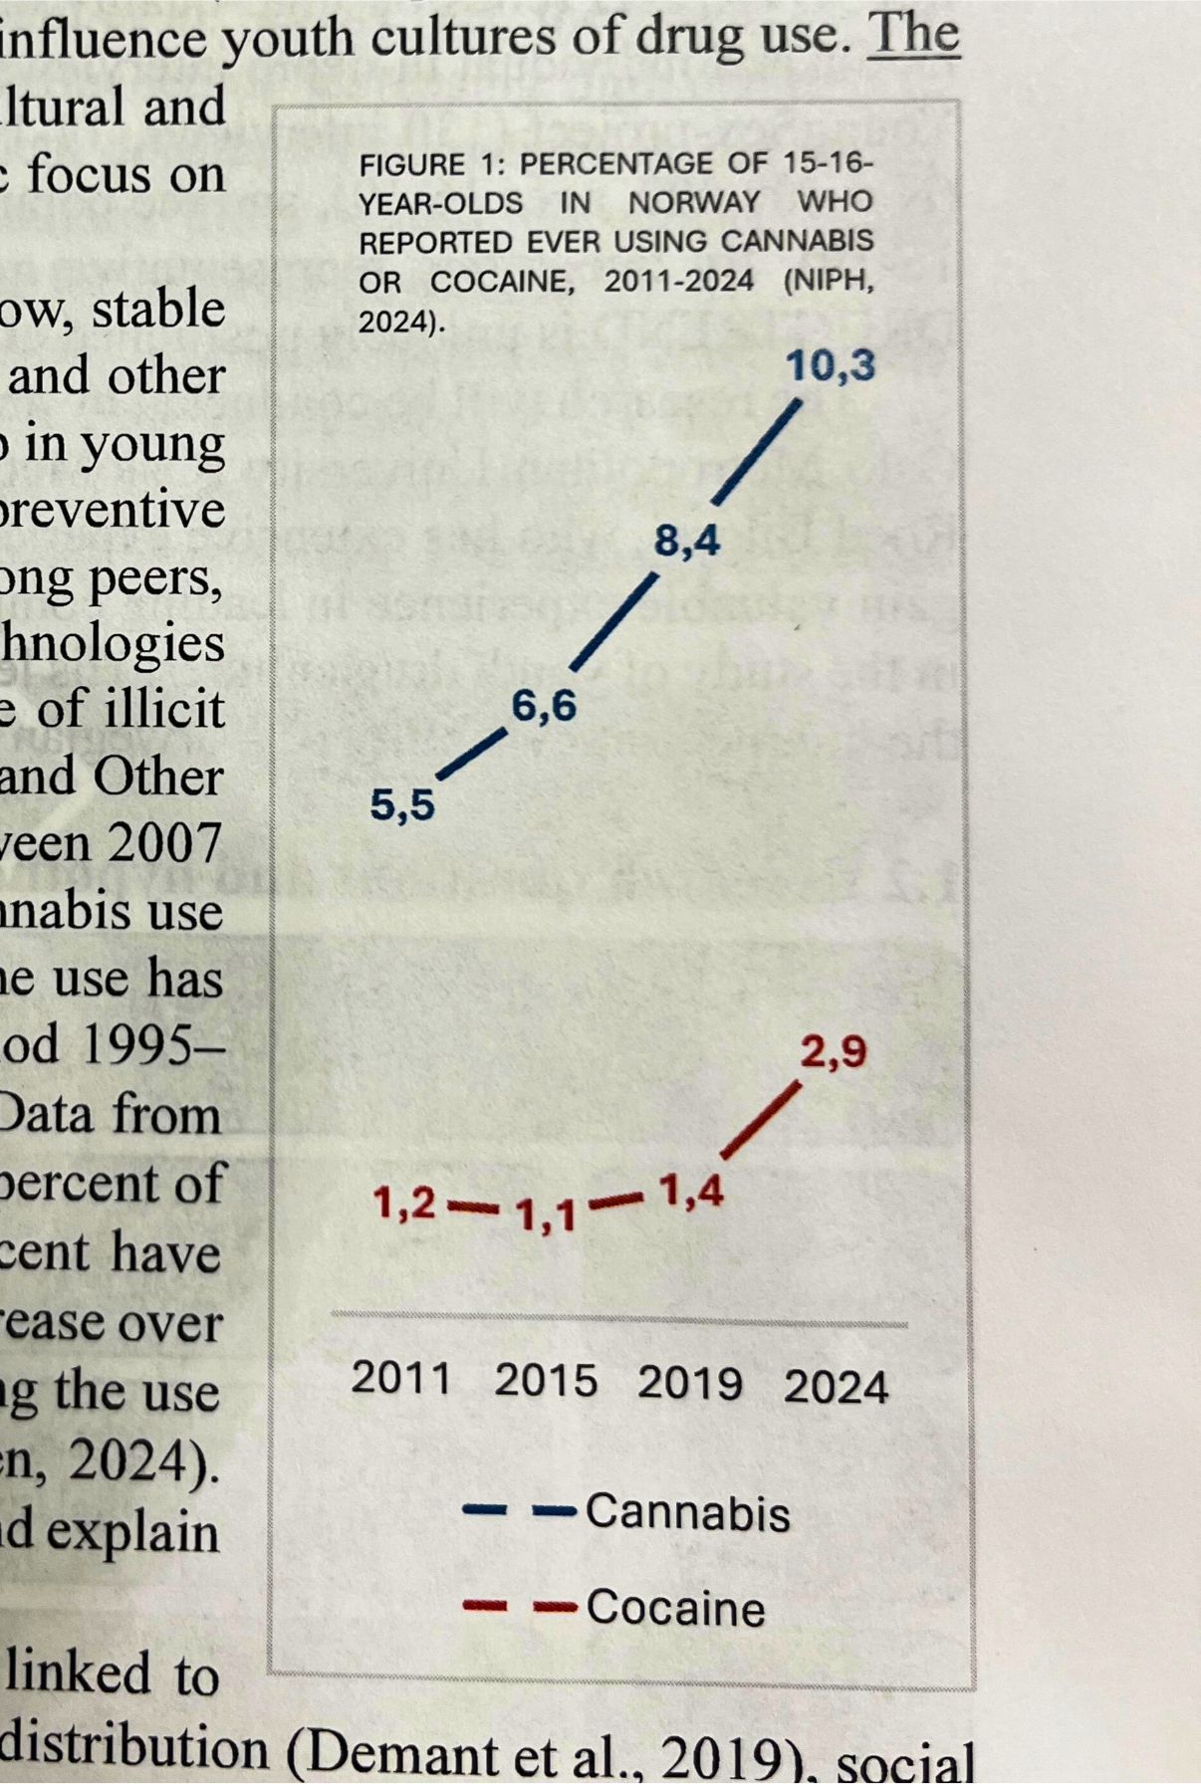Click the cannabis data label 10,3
click(x=831, y=365)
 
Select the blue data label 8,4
click(x=687, y=542)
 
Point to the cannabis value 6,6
click(x=544, y=706)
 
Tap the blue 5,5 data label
click(x=402, y=804)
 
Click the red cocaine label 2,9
click(x=834, y=1052)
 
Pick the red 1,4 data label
click(x=690, y=1191)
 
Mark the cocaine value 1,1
click(x=546, y=1215)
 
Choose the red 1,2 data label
click(x=404, y=1204)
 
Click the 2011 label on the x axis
click(x=401, y=1379)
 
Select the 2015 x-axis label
click(x=546, y=1382)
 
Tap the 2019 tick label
click(x=689, y=1384)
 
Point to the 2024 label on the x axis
click(x=836, y=1387)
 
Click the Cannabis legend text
click(x=687, y=1512)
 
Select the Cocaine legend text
click(x=675, y=1608)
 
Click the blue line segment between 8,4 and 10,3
click(x=758, y=452)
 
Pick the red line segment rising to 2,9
click(x=761, y=1121)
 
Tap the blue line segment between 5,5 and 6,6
click(x=472, y=754)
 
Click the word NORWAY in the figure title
click(x=693, y=202)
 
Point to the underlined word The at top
click(x=913, y=35)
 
